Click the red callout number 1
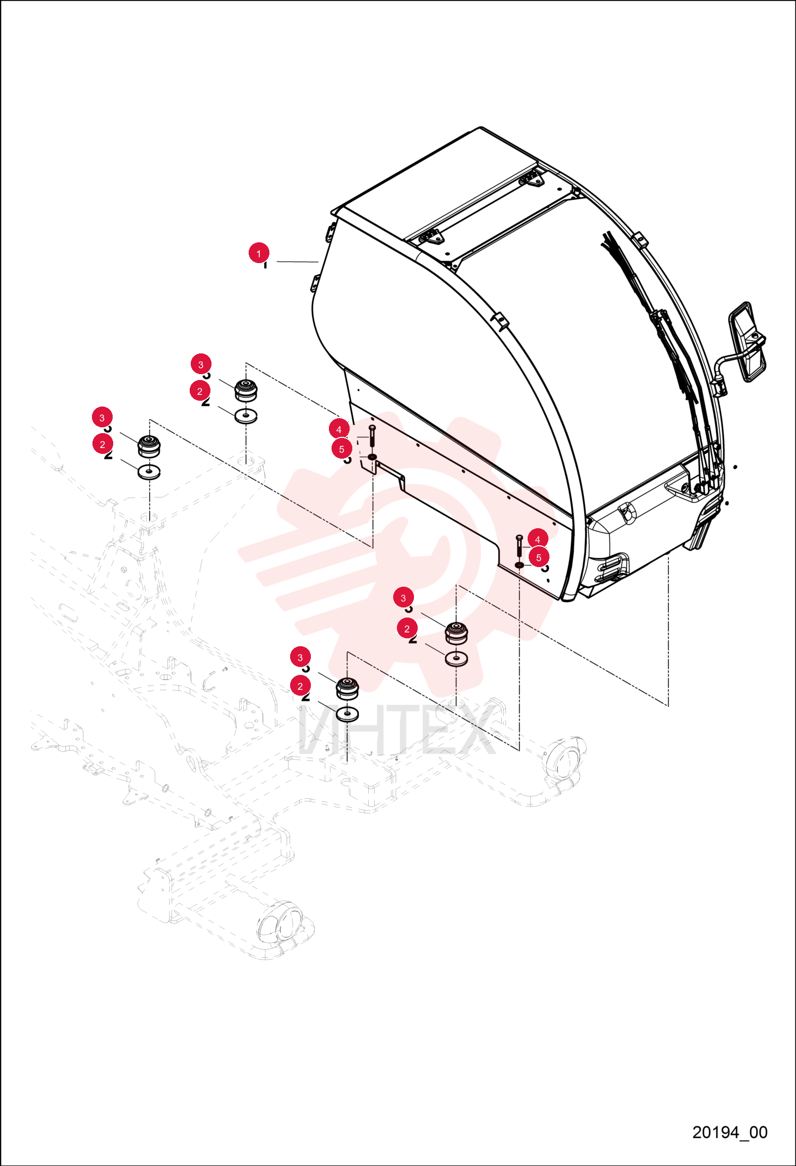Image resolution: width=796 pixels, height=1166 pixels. coord(259,253)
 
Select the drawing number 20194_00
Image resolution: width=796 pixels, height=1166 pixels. coord(730,1132)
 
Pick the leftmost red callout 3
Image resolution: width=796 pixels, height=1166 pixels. coord(102,417)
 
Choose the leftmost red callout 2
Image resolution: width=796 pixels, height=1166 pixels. coord(103,444)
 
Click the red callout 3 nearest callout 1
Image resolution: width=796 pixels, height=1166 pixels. coord(201,364)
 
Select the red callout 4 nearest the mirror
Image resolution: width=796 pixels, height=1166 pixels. coord(538,539)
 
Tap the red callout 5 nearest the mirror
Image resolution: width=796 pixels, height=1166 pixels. coord(539,557)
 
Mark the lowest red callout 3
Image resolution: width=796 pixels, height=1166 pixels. coord(300,657)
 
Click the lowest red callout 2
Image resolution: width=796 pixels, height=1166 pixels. coord(300,686)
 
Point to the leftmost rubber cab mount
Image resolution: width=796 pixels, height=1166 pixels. coord(149,446)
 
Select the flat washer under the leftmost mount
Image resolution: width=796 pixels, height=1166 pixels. coord(149,471)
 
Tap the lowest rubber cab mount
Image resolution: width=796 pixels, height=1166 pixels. coord(347,688)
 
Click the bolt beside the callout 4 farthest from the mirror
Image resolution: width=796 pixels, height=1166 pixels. coord(371,436)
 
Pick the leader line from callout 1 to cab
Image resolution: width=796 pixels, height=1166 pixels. coord(297,261)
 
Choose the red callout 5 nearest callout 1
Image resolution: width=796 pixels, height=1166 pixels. coord(342,449)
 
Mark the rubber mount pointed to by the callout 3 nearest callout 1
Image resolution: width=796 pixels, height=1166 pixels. coord(245,391)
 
